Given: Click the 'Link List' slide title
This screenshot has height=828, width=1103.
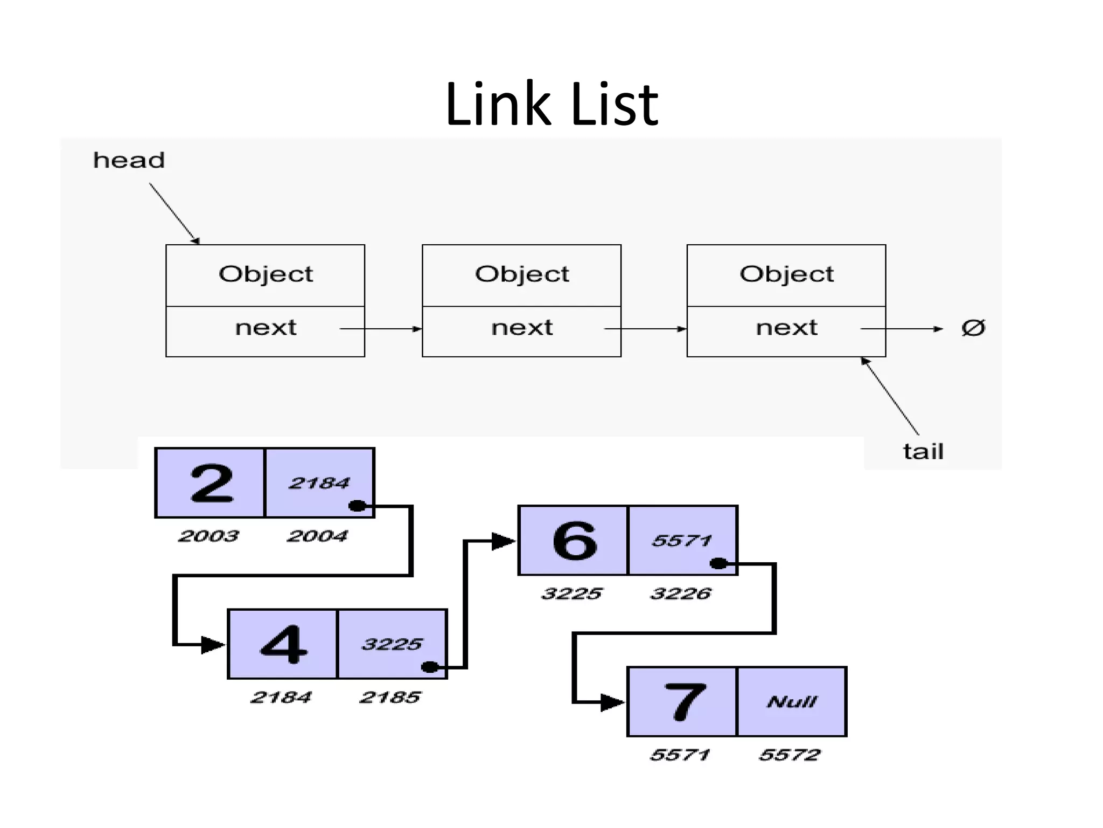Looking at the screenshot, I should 551,103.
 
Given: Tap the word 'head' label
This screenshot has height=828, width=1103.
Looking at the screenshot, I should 129,160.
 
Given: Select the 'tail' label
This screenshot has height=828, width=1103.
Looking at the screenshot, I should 923,451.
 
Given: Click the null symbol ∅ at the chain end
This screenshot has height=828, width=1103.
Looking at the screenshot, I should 973,328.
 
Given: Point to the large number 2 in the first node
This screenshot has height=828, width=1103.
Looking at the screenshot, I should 212,484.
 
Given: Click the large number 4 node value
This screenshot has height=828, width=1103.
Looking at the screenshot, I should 284,644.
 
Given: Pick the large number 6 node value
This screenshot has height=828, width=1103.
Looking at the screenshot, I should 575,541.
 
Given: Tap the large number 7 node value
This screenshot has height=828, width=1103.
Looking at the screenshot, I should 684,701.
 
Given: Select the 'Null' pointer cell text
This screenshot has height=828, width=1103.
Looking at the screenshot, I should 792,701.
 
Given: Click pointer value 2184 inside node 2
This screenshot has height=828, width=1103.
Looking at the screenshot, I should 319,483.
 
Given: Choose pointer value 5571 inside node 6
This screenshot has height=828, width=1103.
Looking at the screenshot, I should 682,540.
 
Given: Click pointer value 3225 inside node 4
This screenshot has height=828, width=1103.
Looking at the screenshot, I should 392,644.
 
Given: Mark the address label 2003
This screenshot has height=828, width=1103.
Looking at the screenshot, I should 208,536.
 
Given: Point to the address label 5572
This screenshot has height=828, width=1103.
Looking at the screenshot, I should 790,755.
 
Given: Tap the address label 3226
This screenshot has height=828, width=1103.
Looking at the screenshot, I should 681,594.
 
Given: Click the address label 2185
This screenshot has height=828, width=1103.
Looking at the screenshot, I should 390,697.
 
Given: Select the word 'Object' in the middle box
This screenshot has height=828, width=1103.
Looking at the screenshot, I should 521,274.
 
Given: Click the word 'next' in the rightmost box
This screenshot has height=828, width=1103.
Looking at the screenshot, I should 786,328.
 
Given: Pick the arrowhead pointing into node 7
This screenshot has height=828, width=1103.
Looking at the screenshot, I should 613,702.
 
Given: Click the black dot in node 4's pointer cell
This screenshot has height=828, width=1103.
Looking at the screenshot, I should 430,667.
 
